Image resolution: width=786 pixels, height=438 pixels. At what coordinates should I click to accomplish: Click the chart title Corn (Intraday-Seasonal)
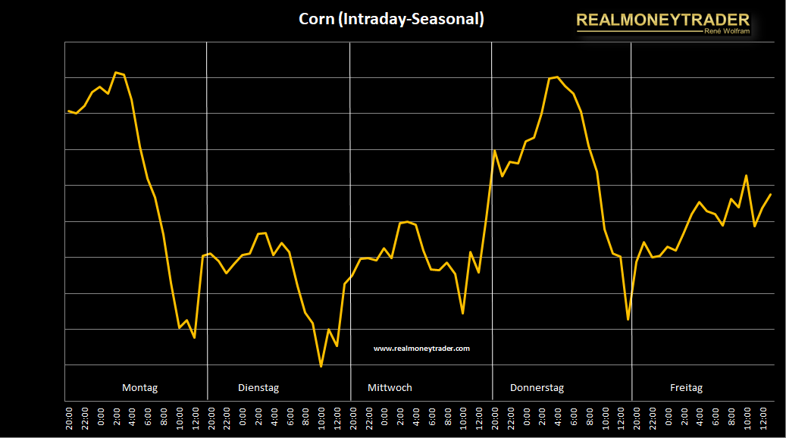391,20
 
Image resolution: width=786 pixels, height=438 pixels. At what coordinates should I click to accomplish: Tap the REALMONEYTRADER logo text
662,20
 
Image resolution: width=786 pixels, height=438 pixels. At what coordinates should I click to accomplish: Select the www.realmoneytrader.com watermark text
421,349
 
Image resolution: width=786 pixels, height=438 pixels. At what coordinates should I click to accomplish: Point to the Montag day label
140,388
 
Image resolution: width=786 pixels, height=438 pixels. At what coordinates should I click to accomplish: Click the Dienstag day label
258,388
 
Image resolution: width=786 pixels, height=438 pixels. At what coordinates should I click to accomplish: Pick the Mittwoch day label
390,388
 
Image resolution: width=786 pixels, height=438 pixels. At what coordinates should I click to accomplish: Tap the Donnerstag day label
537,388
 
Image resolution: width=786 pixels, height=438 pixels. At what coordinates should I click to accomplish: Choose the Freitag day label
686,388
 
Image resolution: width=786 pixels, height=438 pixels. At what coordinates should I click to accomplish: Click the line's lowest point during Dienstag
321,367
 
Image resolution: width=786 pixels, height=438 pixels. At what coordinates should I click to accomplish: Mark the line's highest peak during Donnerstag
557,77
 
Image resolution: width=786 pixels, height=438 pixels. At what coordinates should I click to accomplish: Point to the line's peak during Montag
116,73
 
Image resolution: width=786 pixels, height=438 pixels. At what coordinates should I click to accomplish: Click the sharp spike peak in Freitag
747,176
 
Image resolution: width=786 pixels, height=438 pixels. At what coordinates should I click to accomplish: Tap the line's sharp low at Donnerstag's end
628,319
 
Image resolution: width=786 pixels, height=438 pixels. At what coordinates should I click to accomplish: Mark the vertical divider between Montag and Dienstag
207,220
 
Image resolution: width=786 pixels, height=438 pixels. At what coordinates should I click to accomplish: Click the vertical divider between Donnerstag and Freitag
631,220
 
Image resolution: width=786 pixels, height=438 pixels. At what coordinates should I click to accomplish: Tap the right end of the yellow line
770,195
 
